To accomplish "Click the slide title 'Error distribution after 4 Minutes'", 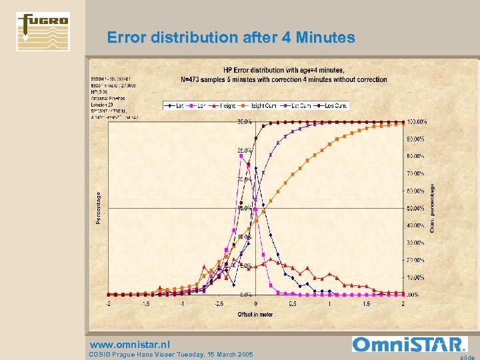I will (231, 38).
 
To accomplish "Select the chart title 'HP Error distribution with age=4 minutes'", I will (283, 70).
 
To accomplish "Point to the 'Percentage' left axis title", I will (99, 208).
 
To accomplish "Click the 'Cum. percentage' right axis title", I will (432, 208).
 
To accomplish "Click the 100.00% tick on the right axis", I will (418, 122).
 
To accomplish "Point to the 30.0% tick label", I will (244, 122).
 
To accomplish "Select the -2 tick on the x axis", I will (109, 303).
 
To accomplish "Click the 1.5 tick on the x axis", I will (366, 303).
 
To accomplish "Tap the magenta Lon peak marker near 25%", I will (241, 155).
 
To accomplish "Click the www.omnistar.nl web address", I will (130, 344).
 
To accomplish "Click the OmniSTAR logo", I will (408, 344).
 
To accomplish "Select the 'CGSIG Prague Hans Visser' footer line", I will (171, 354).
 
